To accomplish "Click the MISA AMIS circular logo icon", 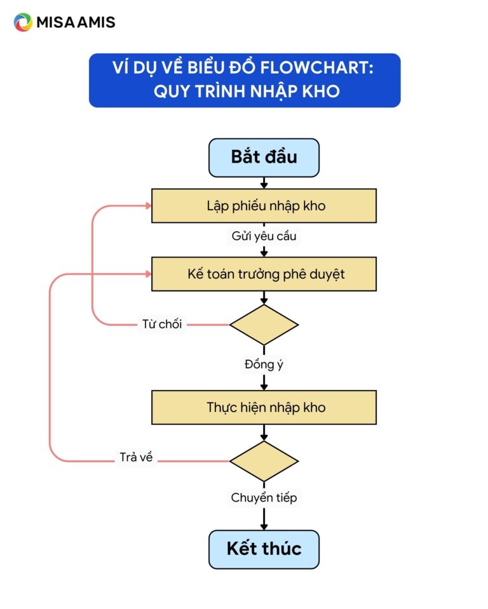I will pyautogui.click(x=23, y=22).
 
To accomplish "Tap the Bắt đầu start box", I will pyautogui.click(x=264, y=157).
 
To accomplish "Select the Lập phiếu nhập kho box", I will pyautogui.click(x=264, y=206).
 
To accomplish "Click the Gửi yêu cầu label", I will pyautogui.click(x=264, y=236).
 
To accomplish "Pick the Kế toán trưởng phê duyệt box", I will pyautogui.click(x=264, y=274).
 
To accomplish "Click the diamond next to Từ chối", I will pyautogui.click(x=264, y=325).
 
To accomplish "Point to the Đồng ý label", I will pyautogui.click(x=264, y=365).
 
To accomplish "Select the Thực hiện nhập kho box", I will pyautogui.click(x=264, y=407).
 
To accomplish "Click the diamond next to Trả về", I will pyautogui.click(x=264, y=461).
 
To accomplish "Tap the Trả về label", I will pyautogui.click(x=136, y=458).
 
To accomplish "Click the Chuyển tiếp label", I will pyautogui.click(x=264, y=498).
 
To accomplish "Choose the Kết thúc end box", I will pyautogui.click(x=264, y=549).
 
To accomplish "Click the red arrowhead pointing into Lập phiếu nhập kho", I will pyautogui.click(x=147, y=206).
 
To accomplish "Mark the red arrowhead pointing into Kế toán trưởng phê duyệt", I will pyautogui.click(x=147, y=274).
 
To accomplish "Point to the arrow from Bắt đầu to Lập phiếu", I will pyautogui.click(x=264, y=183).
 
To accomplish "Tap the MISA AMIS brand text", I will pyautogui.click(x=76, y=22).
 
